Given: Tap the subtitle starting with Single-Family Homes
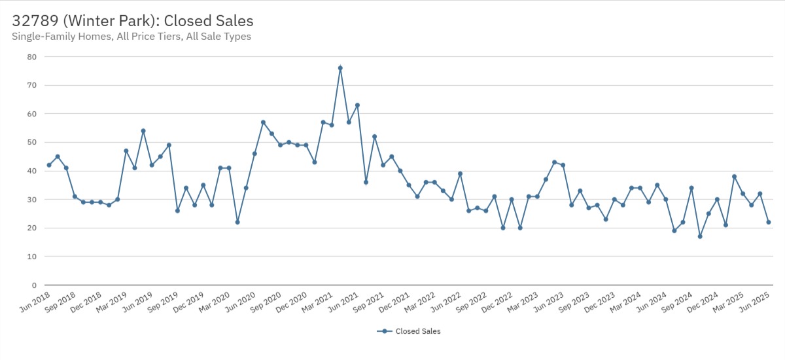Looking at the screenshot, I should (x=131, y=37).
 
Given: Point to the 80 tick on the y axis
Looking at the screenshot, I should (x=31, y=57).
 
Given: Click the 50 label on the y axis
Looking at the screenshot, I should (x=31, y=143).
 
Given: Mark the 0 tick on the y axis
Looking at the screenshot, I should (x=33, y=285).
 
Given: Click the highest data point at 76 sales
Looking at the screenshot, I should (x=340, y=68).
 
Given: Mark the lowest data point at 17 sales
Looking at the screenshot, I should (x=700, y=236).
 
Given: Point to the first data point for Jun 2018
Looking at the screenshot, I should (x=49, y=165).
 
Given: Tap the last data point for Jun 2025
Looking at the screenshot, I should (x=769, y=222).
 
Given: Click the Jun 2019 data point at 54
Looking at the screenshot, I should (x=143, y=131).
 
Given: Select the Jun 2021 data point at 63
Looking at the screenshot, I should (x=357, y=105).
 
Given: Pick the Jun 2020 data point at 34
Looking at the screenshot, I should (x=246, y=188).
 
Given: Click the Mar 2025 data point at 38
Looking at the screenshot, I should (x=734, y=177).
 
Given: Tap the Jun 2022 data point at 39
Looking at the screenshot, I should (x=460, y=173).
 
